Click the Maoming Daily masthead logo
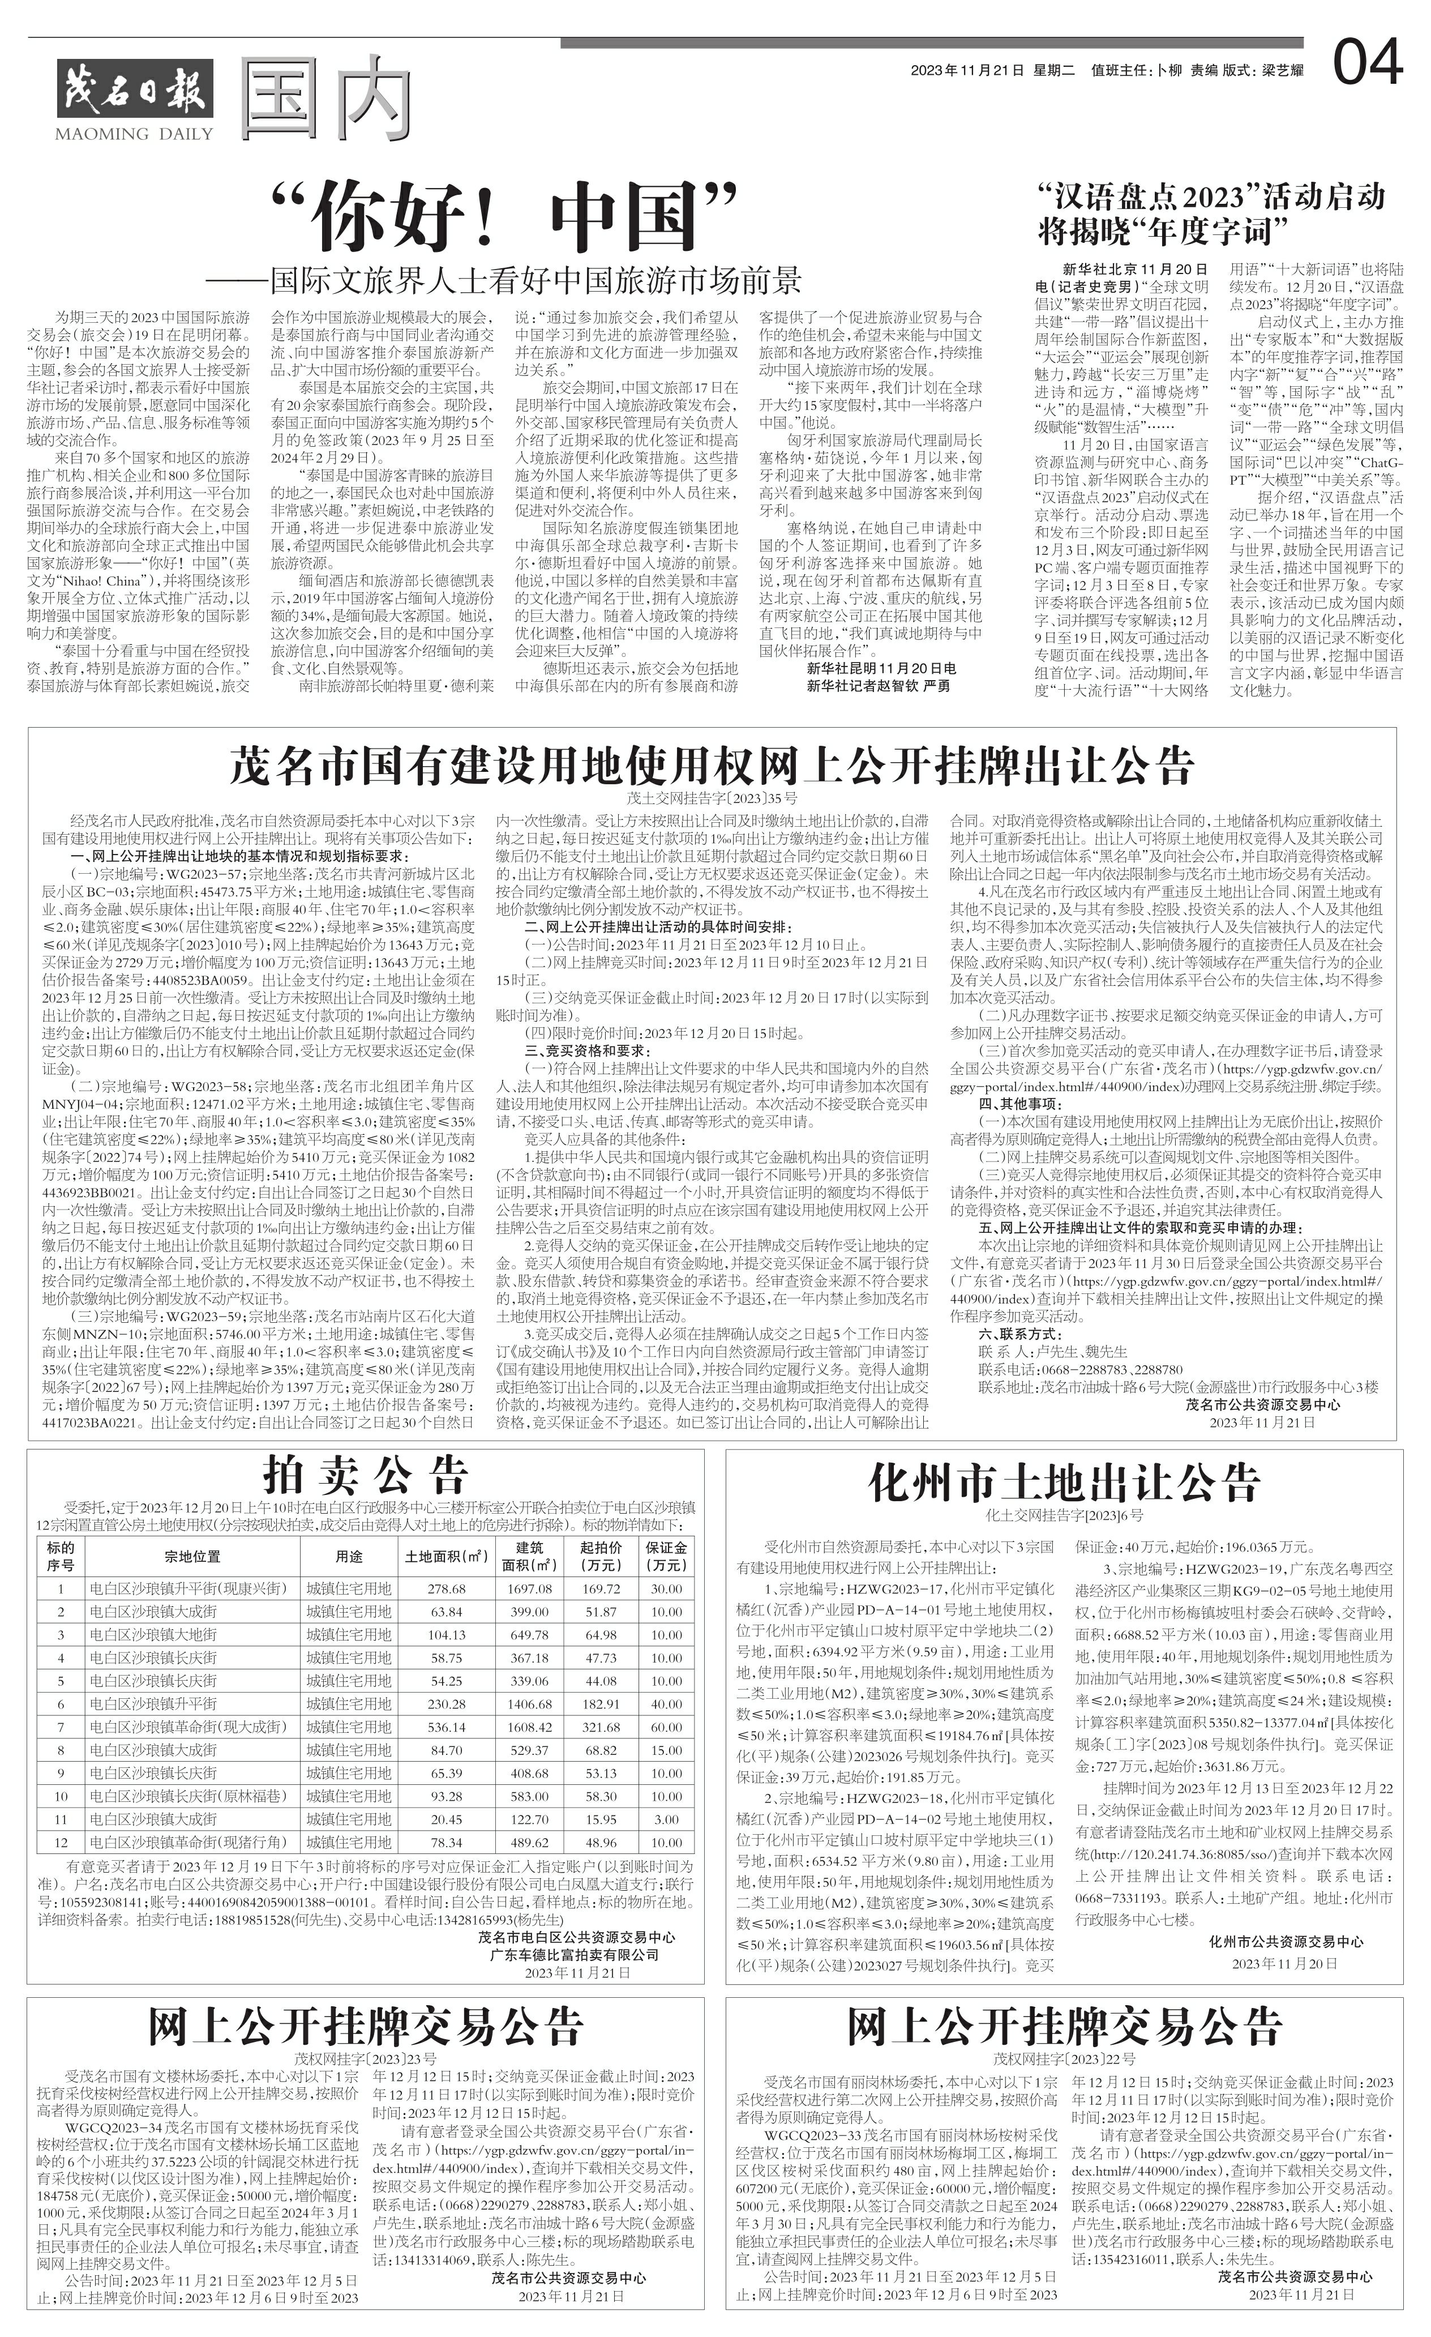click(135, 99)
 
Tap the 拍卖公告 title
click(365, 1475)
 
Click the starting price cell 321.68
click(600, 1727)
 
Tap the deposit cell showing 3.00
click(667, 1819)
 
